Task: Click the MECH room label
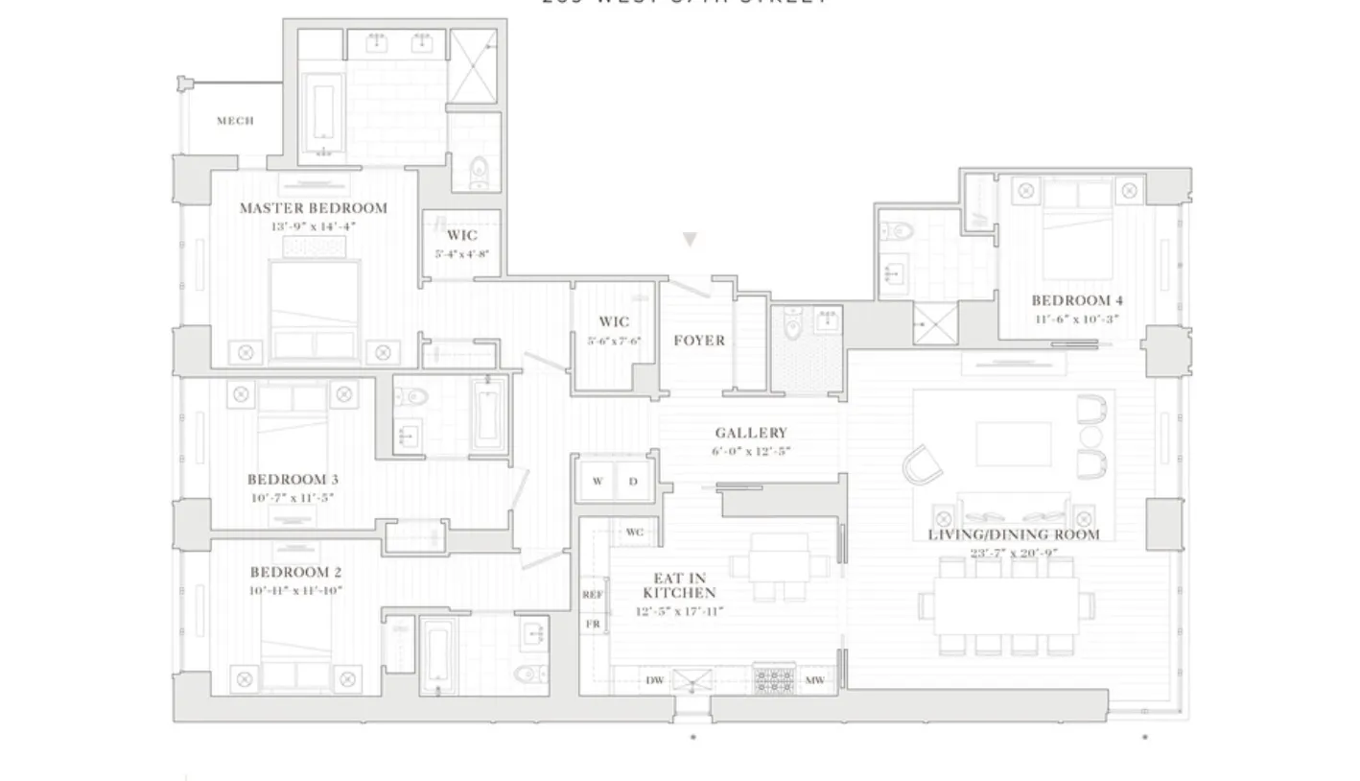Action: tap(235, 121)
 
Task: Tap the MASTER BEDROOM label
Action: tap(313, 208)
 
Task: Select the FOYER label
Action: tap(698, 341)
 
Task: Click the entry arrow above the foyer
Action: tap(689, 240)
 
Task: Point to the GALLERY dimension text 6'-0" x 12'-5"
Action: tap(752, 451)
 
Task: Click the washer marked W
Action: tap(598, 482)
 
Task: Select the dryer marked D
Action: tap(633, 482)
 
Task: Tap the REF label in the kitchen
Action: tap(593, 595)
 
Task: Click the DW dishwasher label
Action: tap(654, 680)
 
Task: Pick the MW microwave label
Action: tap(814, 680)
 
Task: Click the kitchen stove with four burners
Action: tap(773, 680)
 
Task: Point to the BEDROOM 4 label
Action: tap(1076, 300)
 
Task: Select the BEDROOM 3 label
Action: tap(293, 480)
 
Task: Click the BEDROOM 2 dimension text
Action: tap(295, 591)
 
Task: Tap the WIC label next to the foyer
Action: tap(614, 322)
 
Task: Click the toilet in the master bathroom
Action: tap(479, 172)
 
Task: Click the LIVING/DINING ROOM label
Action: tap(1013, 534)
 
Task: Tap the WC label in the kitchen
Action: tap(635, 532)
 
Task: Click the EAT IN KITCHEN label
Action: tap(680, 585)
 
